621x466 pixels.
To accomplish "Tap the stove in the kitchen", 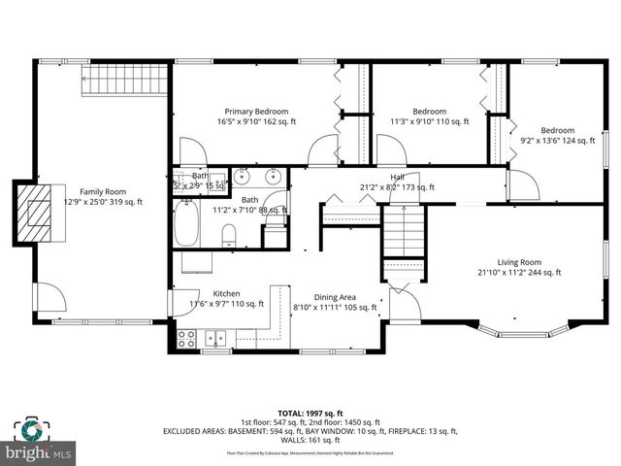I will coord(186,339).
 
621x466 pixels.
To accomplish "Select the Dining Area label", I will coord(335,297).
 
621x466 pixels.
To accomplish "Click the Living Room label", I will coord(519,262).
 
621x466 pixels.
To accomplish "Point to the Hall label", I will coord(397,177).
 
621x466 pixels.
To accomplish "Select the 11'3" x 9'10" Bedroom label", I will coord(429,112).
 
